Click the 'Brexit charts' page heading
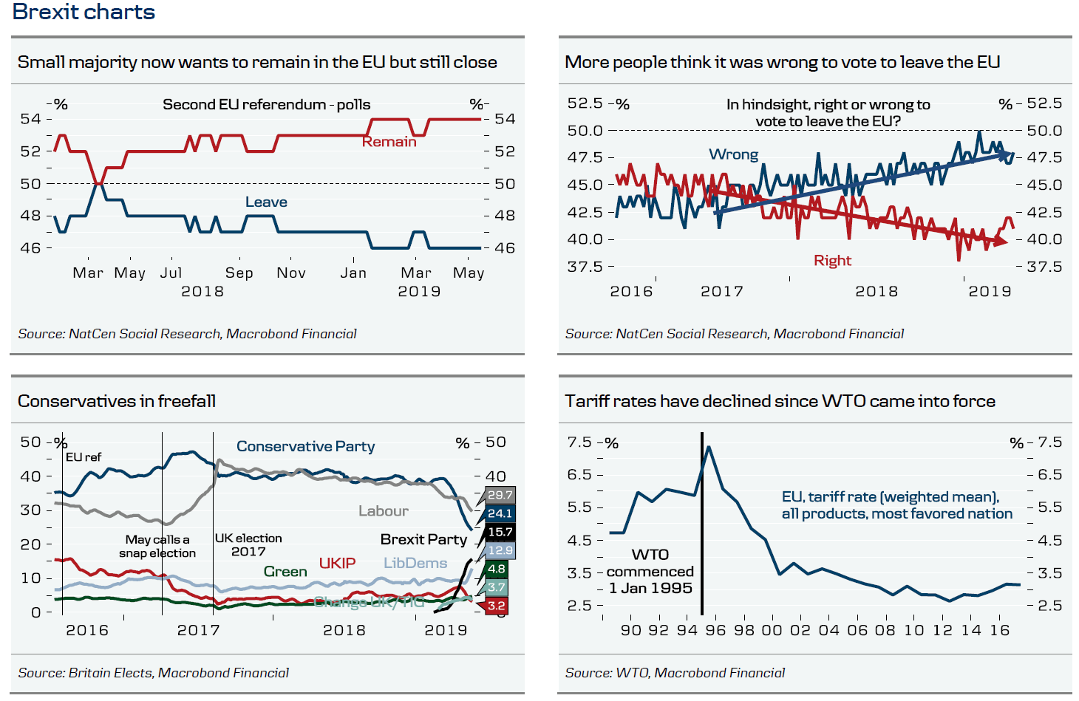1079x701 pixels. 84,12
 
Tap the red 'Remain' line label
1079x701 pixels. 389,142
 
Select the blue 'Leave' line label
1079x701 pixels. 266,202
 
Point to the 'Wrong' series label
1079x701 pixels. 733,154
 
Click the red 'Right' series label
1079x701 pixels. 832,260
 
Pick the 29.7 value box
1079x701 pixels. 500,495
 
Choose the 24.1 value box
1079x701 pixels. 500,513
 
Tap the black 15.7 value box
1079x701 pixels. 500,532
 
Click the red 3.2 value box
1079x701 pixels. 497,606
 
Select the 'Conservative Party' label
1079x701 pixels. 305,446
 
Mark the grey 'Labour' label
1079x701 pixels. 383,510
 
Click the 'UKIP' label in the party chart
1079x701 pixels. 337,563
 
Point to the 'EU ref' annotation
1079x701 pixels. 84,457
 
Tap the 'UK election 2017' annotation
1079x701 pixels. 248,544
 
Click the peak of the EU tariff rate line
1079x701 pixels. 709,447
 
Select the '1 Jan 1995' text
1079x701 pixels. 650,588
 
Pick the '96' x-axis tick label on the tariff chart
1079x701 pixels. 715,630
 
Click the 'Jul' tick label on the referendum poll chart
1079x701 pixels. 171,273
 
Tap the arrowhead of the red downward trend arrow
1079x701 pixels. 1001,242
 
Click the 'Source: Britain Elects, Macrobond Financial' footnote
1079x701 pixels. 153,673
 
